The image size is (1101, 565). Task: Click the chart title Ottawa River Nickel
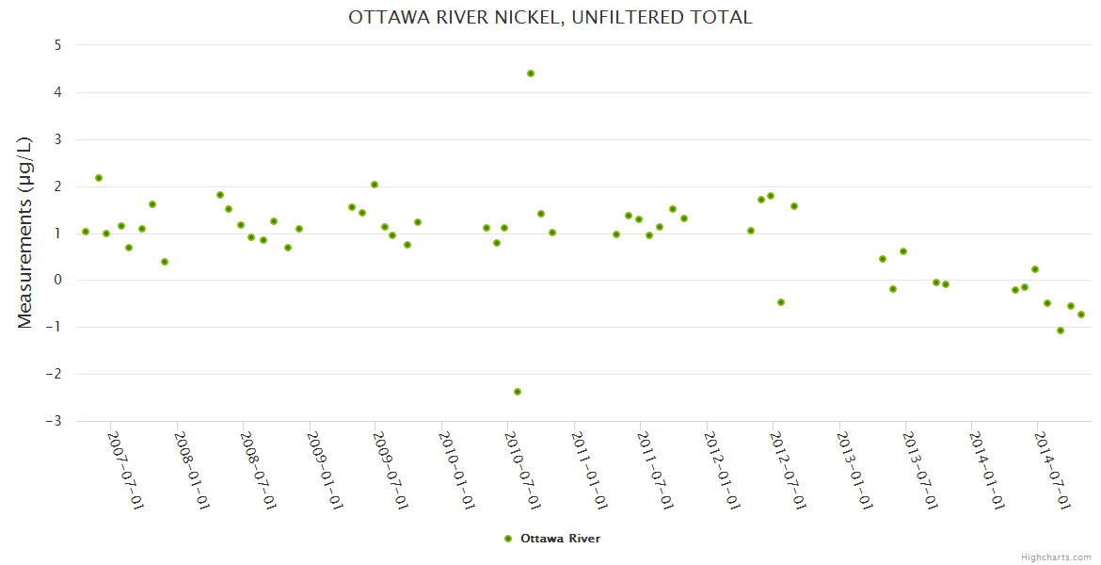(x=550, y=17)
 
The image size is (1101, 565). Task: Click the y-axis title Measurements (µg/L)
(x=25, y=232)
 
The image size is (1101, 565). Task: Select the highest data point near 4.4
(x=531, y=73)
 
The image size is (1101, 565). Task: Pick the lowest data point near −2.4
(x=518, y=392)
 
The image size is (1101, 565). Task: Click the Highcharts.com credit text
(x=1056, y=557)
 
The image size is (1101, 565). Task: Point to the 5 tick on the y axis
(x=57, y=45)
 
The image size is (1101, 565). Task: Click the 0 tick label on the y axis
(x=57, y=281)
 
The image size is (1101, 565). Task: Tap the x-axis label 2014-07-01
(x=1053, y=471)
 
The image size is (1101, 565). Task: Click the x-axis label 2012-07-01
(x=789, y=471)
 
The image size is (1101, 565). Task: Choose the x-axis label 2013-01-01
(x=854, y=471)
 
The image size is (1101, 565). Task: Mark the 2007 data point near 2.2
(x=99, y=178)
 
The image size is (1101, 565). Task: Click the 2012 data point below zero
(x=781, y=302)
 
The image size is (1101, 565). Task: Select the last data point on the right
(x=1081, y=315)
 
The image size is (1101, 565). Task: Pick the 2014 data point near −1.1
(x=1061, y=331)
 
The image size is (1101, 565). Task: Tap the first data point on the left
(x=86, y=232)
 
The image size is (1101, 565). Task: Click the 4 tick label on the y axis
(x=57, y=92)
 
